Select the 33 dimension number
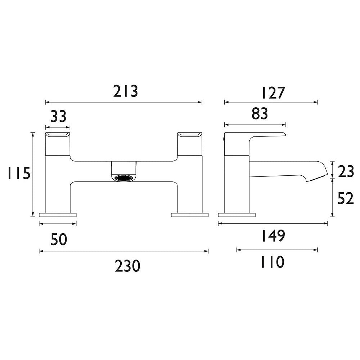[58, 117]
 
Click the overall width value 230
[127, 266]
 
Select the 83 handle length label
[260, 114]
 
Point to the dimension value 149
[273, 237]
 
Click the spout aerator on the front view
[124, 177]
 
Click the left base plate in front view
[58, 215]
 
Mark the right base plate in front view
[190, 215]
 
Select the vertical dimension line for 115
[33, 174]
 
